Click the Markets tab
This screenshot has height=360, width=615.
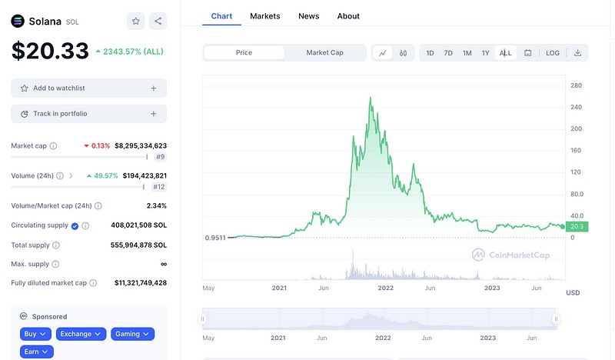coord(265,16)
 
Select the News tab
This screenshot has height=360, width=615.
coord(308,16)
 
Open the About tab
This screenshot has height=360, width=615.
coord(348,16)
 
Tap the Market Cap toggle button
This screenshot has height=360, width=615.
coord(324,53)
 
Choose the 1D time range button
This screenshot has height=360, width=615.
coord(430,53)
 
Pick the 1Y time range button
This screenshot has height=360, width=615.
coord(486,53)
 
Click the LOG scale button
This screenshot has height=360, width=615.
coord(553,53)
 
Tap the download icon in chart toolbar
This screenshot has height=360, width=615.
coord(577,53)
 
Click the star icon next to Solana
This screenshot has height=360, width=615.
coord(135,22)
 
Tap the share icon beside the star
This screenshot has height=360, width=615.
coord(157,22)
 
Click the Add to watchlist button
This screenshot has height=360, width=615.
coord(88,88)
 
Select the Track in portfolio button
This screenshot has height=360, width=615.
coord(88,114)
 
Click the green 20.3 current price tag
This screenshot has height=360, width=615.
coord(575,227)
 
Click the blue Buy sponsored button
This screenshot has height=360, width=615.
coord(35,334)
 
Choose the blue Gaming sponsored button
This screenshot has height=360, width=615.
coord(132,334)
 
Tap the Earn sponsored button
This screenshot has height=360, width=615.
coord(35,352)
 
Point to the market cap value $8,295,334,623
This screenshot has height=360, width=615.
coord(141,145)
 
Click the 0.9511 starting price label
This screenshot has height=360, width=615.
coord(216,238)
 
